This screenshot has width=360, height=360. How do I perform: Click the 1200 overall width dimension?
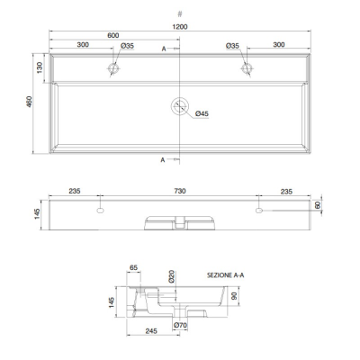180,27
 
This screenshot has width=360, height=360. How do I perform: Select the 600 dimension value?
113,35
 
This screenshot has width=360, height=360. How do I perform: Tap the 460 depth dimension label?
30,102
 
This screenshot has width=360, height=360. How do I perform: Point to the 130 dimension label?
40,67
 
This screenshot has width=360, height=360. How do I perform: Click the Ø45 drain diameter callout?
202,113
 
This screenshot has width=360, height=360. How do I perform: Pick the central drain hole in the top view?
180,106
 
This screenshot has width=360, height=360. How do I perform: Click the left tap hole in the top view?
113,68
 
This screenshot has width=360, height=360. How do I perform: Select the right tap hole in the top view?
247,68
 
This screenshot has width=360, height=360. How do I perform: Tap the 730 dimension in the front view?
180,191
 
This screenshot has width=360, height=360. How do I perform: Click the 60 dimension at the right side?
318,205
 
